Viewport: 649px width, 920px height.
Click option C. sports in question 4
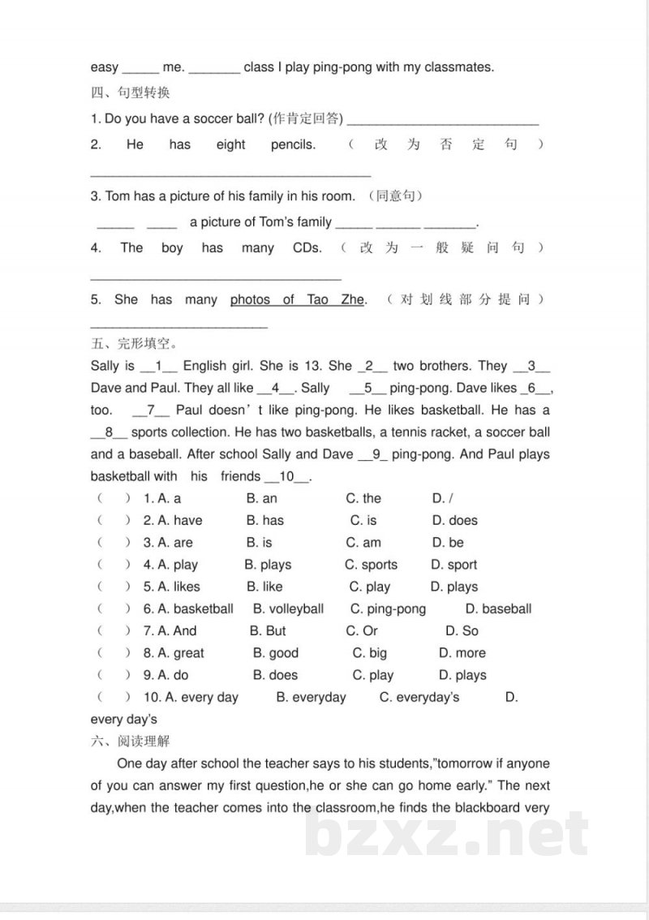(371, 565)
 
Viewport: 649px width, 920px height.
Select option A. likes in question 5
(171, 587)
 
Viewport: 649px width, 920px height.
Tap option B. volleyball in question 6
(288, 608)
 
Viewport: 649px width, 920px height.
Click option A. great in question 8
(174, 653)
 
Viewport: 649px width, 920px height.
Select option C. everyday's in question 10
(419, 697)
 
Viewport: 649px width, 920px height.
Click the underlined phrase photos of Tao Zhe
(297, 300)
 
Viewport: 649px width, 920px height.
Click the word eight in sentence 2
(230, 144)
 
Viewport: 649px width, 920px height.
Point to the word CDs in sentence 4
(307, 248)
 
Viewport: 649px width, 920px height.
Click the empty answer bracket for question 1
(114, 498)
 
